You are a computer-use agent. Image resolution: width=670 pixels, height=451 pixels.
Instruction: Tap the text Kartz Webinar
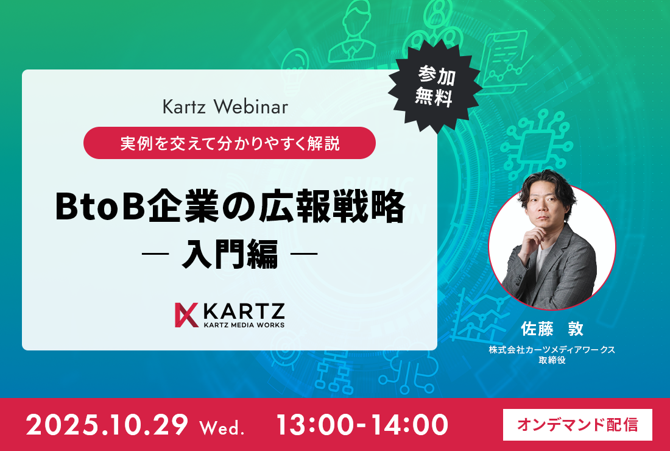225,107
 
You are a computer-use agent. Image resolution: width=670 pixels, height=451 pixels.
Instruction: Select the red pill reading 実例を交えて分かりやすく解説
230,143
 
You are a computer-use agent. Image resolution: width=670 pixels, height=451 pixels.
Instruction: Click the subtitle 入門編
230,254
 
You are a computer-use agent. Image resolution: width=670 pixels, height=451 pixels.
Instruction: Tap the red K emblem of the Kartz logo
186,314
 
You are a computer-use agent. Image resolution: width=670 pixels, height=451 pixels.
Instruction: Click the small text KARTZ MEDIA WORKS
244,324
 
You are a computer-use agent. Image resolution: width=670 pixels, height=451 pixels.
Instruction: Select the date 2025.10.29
107,425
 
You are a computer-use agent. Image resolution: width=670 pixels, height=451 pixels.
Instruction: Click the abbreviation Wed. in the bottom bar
221,427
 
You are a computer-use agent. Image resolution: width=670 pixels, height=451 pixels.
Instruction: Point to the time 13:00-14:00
362,425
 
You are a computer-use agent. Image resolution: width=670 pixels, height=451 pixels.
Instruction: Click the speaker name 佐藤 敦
552,329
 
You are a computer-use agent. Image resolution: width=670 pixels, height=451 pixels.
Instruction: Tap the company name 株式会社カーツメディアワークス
552,350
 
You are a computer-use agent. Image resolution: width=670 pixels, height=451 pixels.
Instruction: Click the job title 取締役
552,360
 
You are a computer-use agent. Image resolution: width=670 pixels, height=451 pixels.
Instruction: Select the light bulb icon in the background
295,64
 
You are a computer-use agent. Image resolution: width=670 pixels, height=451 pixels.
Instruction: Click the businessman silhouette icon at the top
353,32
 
